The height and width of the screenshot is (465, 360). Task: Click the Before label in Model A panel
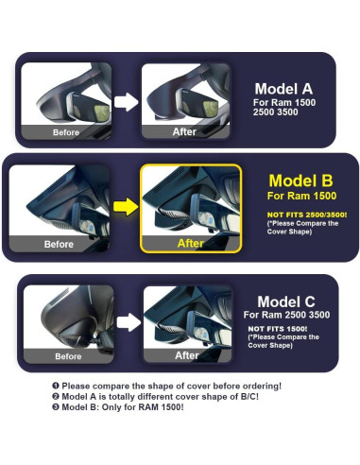pyautogui.click(x=64, y=133)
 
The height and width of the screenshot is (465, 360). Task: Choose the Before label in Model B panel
pyautogui.click(x=59, y=244)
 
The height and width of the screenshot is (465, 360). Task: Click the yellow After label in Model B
pyautogui.click(x=191, y=243)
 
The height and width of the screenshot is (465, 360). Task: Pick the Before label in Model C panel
pyautogui.click(x=68, y=356)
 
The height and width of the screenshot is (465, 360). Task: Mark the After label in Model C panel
pyautogui.click(x=187, y=355)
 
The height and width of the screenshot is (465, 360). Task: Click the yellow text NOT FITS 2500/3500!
pyautogui.click(x=300, y=215)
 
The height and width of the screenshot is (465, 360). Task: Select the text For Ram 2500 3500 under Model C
pyautogui.click(x=287, y=315)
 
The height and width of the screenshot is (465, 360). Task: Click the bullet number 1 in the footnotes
pyautogui.click(x=55, y=387)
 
